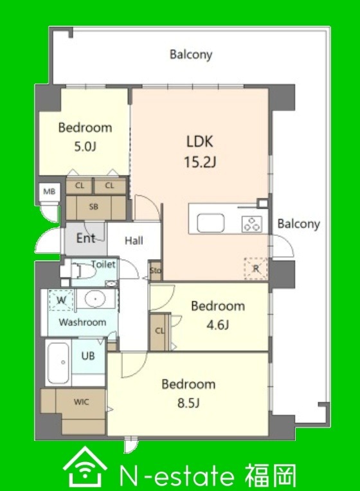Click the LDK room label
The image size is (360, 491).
tap(199, 141)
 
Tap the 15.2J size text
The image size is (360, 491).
tap(200, 162)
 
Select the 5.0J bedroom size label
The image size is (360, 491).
tap(85, 147)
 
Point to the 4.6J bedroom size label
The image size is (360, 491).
tap(217, 325)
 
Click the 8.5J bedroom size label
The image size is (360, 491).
tap(188, 403)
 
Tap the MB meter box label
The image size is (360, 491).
tap(50, 191)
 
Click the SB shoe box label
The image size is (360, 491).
tap(93, 207)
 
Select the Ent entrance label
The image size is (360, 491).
tap(85, 238)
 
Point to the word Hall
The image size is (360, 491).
tap(134, 241)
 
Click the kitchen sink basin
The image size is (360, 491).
tap(211, 223)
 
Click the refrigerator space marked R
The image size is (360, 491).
tap(256, 269)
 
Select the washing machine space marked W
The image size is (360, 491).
tap(61, 300)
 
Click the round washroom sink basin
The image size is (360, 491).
tap(95, 299)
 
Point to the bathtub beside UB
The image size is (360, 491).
tap(59, 363)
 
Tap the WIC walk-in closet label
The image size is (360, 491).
tap(81, 402)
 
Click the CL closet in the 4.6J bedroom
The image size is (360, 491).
tap(159, 331)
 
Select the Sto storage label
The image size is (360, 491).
tap(156, 270)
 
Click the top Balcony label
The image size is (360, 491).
tap(191, 55)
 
